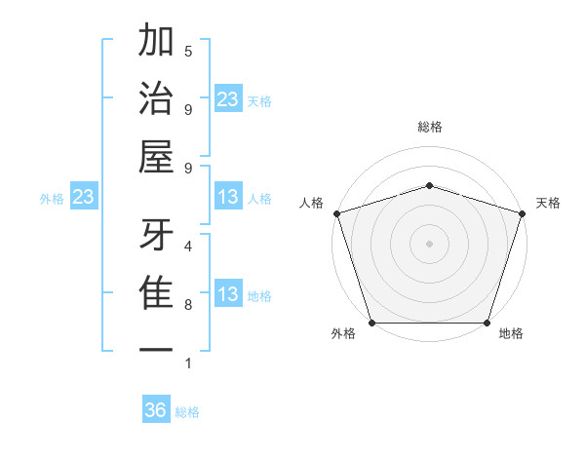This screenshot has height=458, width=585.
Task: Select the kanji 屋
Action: click(x=156, y=157)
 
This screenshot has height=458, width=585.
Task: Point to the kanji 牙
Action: click(x=156, y=235)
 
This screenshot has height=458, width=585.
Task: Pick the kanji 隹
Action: click(x=156, y=293)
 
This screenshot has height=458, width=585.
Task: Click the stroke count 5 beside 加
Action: click(x=188, y=51)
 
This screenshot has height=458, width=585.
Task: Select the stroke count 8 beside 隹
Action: click(x=188, y=305)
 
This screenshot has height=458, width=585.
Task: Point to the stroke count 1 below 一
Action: click(x=188, y=363)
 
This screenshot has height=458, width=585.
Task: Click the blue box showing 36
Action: click(x=156, y=410)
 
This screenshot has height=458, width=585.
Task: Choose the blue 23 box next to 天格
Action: click(x=228, y=99)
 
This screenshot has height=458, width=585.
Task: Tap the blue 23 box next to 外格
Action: click(x=84, y=198)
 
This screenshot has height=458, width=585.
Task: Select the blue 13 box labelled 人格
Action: click(x=228, y=198)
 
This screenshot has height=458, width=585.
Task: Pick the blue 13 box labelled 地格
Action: click(x=228, y=295)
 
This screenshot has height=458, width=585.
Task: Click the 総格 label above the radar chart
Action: click(x=429, y=127)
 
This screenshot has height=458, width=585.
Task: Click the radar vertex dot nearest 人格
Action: click(x=336, y=213)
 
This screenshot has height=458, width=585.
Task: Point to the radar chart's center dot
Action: click(x=429, y=243)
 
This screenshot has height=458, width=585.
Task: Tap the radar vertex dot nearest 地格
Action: click(x=487, y=323)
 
